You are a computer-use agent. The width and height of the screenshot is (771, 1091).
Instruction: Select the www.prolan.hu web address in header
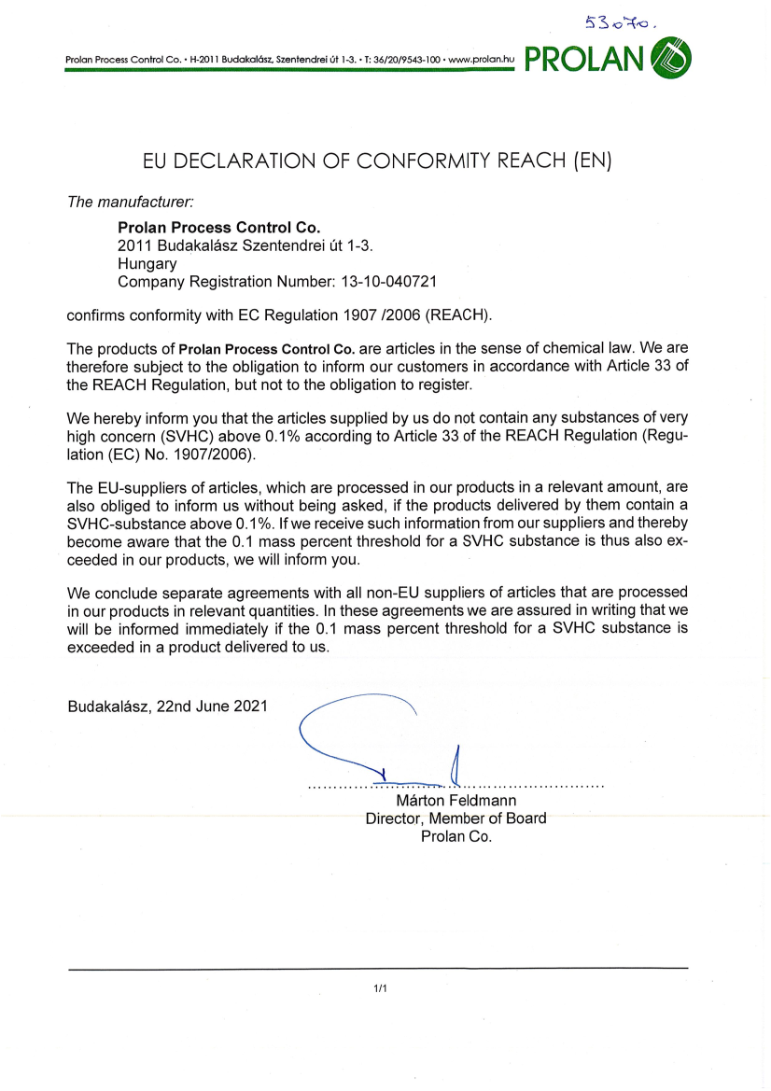coord(482,60)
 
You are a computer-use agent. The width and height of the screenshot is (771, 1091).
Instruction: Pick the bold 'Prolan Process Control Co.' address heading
coord(218,227)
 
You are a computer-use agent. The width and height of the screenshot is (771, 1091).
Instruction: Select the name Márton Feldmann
coord(456,801)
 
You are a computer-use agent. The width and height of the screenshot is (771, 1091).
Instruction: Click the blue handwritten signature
coord(373,737)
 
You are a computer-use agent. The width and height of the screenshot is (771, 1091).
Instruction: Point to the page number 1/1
coord(380,987)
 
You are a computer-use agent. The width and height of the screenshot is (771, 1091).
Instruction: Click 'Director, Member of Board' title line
coord(456,818)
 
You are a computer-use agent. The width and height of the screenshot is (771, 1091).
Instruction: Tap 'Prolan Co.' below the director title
coord(456,836)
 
